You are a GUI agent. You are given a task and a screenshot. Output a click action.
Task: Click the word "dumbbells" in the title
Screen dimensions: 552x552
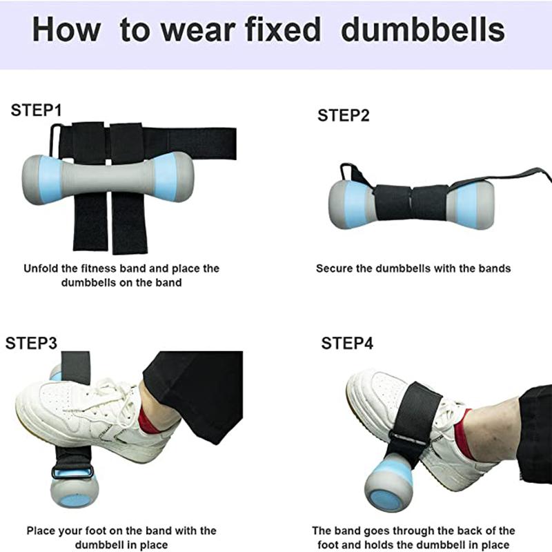coord(423,31)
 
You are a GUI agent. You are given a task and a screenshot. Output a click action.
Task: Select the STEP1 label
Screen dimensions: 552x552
coord(37,110)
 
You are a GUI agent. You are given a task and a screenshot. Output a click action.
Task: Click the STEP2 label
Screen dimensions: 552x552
coord(343,115)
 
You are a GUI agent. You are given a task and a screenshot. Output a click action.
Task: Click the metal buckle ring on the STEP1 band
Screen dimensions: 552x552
coord(56,135)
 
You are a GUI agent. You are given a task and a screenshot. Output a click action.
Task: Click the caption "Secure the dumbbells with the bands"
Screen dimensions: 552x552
coord(413,268)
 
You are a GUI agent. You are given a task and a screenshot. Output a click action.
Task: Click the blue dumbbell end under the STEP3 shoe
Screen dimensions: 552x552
coord(73,490)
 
